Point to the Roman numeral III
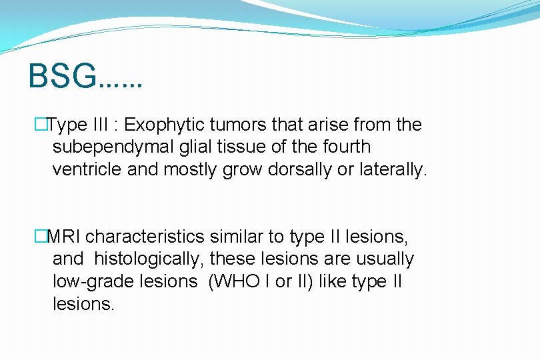coord(101,125)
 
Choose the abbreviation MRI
coord(65,236)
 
